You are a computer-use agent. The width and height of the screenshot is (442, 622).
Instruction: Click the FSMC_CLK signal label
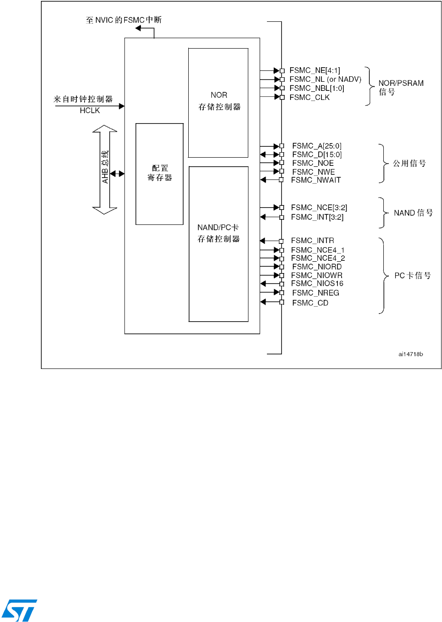pos(309,97)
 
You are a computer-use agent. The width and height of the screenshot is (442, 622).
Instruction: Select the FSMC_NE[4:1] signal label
pos(315,70)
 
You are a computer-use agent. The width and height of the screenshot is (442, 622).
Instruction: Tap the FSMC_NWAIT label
pos(316,180)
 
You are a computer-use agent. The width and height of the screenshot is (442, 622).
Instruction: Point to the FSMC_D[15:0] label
pos(316,154)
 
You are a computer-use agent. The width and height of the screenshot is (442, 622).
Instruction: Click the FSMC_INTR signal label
pos(312,240)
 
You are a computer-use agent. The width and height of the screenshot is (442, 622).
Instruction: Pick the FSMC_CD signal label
pos(310,303)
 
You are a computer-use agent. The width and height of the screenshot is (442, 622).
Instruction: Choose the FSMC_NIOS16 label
pos(317,284)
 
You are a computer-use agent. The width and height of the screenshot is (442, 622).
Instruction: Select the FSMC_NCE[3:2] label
pos(319,208)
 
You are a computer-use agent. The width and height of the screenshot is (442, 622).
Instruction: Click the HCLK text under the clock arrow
pos(90,110)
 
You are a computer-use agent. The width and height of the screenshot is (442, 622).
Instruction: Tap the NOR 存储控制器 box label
pos(219,101)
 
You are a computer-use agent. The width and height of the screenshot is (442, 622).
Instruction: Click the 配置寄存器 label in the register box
pos(160,173)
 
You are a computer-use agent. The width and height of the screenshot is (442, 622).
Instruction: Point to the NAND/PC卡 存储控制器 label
pos(218,233)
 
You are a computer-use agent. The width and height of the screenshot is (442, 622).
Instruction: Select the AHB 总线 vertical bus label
pos(105,167)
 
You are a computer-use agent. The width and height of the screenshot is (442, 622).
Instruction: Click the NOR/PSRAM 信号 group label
pos(400,87)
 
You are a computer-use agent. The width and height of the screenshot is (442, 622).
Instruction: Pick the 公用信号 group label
pos(409,163)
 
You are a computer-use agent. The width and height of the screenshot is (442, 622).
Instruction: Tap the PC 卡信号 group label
pos(412,275)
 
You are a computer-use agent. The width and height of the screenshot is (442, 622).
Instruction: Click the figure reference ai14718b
pos(411,354)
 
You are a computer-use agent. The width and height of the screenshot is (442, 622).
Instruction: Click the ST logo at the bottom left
pos(19,610)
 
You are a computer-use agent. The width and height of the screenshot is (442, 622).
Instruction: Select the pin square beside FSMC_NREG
pos(282,293)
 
